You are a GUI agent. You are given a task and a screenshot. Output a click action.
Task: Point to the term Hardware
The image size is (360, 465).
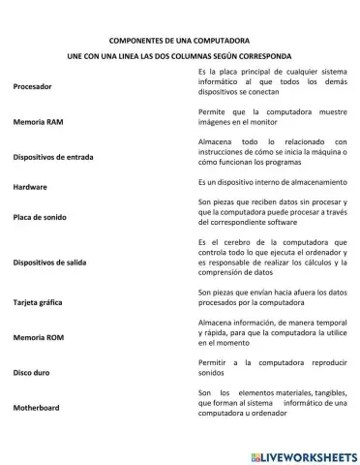(x=30, y=185)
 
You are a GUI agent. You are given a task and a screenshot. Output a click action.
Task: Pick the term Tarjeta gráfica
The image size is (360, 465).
(x=40, y=302)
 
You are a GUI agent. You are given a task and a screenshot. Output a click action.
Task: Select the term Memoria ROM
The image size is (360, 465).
(x=38, y=338)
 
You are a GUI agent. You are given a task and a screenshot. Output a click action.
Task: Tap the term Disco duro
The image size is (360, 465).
(x=31, y=372)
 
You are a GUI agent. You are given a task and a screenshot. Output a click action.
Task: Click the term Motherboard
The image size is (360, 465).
(x=36, y=408)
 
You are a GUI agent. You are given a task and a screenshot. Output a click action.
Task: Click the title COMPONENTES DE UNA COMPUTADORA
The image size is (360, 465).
(x=178, y=43)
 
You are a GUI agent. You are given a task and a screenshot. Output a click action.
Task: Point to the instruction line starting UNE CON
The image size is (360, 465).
(x=178, y=57)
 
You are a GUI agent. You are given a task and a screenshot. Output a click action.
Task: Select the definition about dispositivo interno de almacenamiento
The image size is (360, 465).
(x=271, y=181)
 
